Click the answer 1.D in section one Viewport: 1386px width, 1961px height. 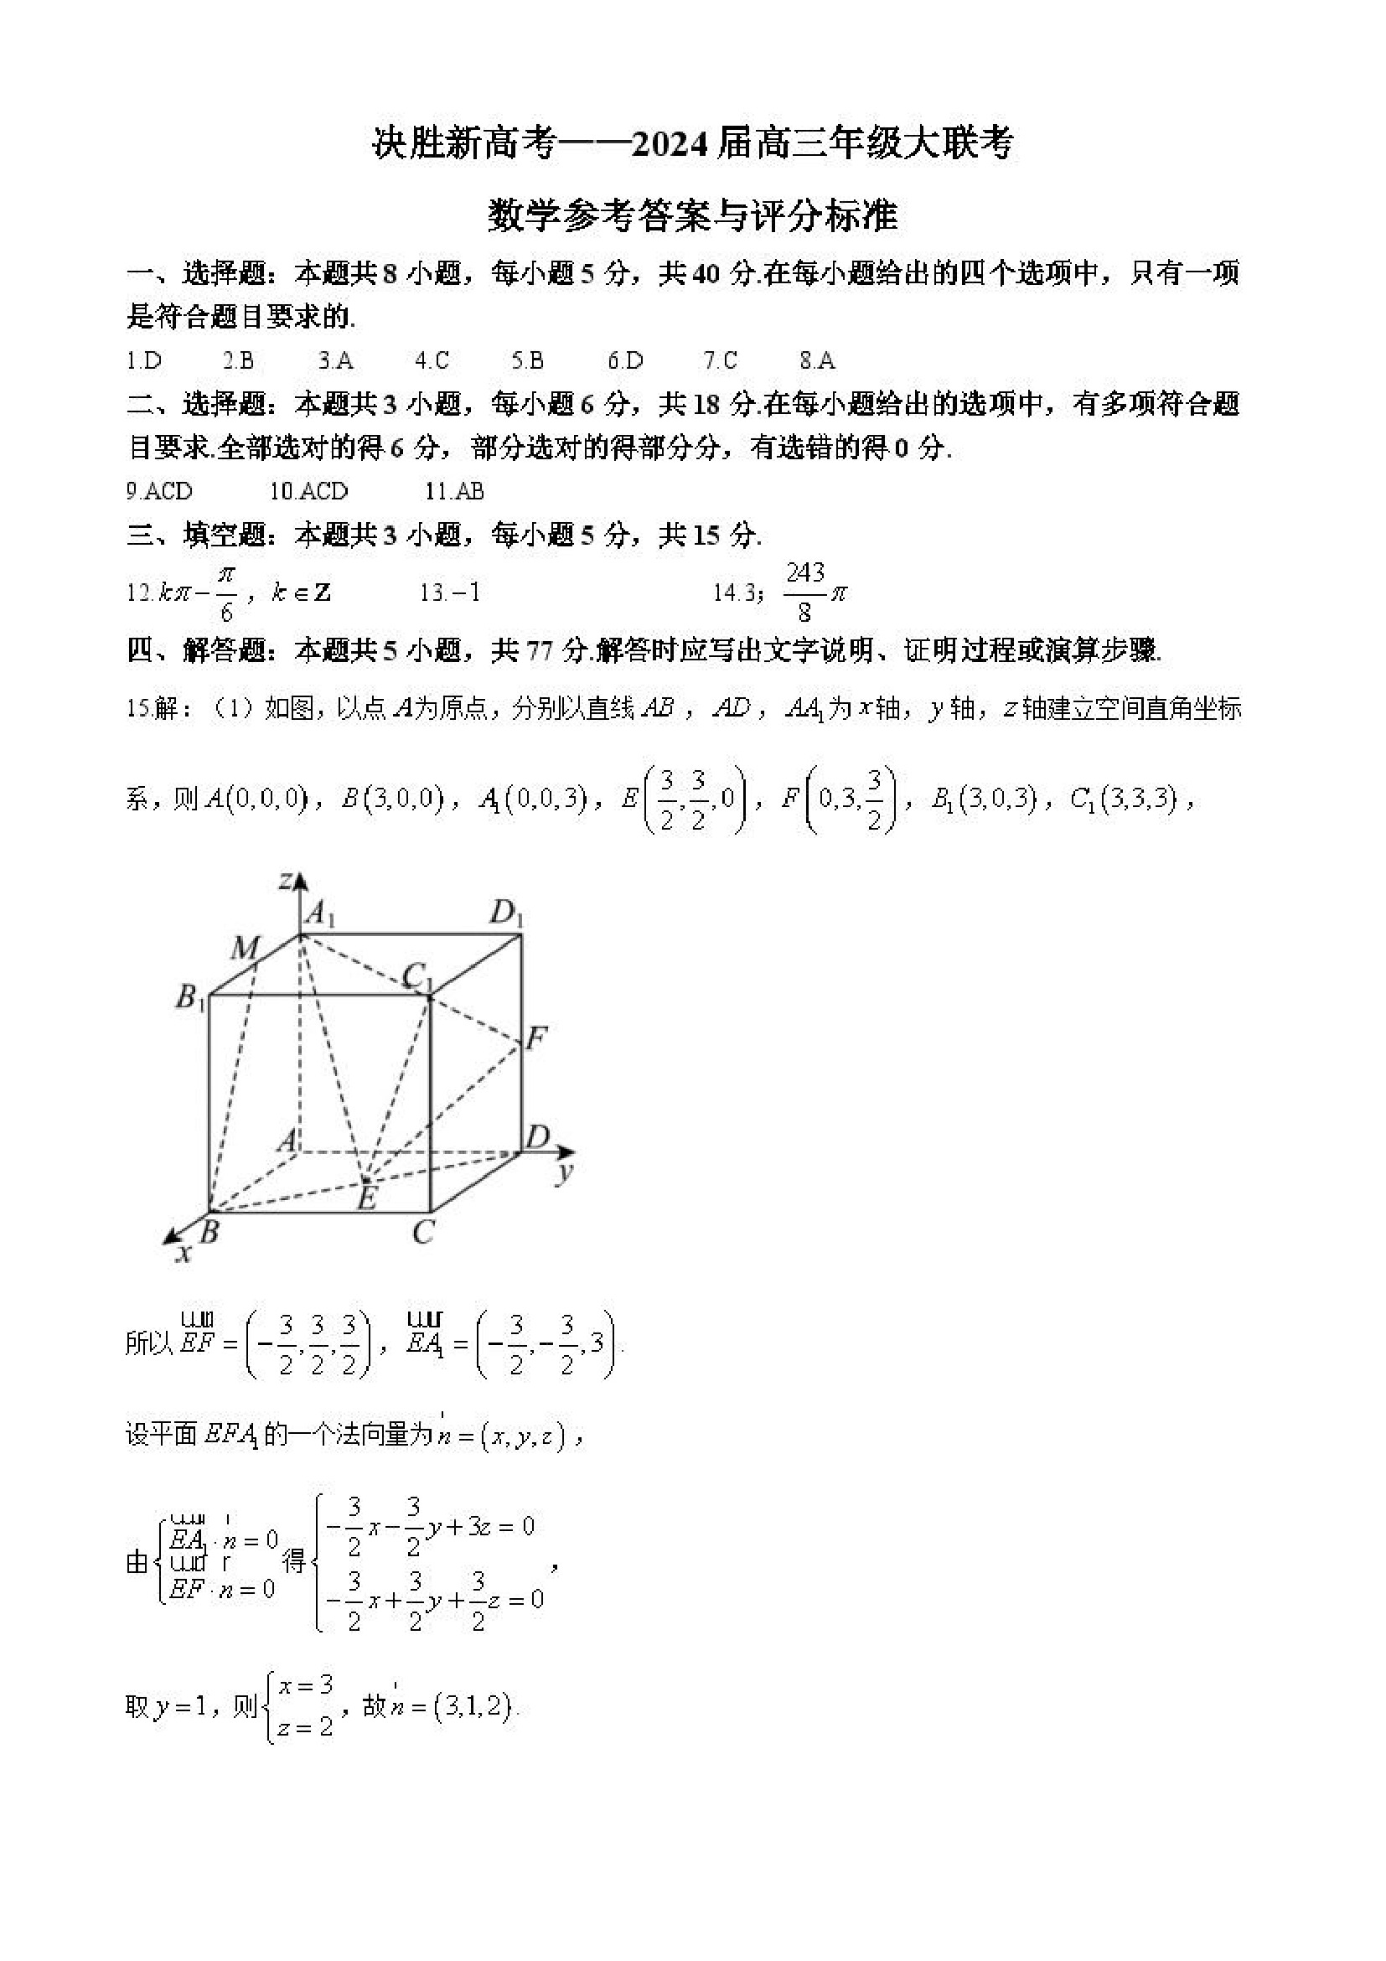pyautogui.click(x=144, y=360)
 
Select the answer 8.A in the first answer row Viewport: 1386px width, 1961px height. pyautogui.click(x=817, y=360)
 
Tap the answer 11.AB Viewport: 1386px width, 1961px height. pyautogui.click(x=454, y=491)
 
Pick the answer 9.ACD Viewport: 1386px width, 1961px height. pyautogui.click(x=160, y=491)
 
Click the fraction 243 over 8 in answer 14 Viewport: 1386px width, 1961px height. pyautogui.click(x=805, y=591)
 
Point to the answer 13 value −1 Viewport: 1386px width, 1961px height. pyautogui.click(x=462, y=592)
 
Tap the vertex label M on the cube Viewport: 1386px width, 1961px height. pyautogui.click(x=245, y=947)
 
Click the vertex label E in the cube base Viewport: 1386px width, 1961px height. pyautogui.click(x=367, y=1198)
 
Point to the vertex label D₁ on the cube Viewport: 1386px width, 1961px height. pyautogui.click(x=505, y=914)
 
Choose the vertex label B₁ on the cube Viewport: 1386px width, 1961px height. pyautogui.click(x=190, y=996)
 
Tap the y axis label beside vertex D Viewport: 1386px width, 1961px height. pyautogui.click(x=564, y=1172)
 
